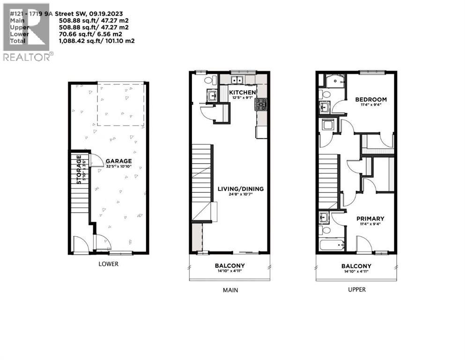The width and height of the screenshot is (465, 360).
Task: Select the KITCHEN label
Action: click(x=242, y=93)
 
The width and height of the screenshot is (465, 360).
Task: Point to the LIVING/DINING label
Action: click(x=241, y=189)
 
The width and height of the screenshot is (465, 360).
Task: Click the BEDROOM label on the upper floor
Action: click(x=371, y=99)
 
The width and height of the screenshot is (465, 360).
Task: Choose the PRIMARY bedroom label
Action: click(x=370, y=218)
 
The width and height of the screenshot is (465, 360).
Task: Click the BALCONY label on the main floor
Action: click(x=229, y=266)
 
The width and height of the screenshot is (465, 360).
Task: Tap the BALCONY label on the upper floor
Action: click(x=356, y=266)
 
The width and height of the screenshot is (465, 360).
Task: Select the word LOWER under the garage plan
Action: click(x=108, y=264)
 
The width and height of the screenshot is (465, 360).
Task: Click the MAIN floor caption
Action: click(x=229, y=290)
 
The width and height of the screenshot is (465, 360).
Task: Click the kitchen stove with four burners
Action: click(x=261, y=104)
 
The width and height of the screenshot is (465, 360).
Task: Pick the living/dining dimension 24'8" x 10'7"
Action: click(x=241, y=195)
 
